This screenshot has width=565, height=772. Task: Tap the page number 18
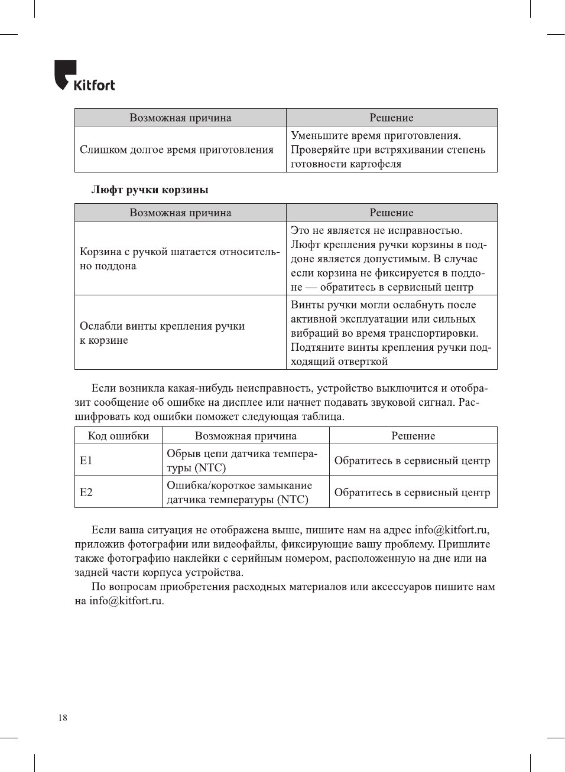[x=63, y=718]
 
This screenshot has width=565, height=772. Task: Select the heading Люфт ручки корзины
[x=150, y=190]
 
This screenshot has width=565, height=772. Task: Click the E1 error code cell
[x=86, y=460]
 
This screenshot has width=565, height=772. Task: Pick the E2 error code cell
[x=86, y=492]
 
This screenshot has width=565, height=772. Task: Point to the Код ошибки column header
[x=118, y=436]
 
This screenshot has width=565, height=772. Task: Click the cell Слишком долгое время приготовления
[x=177, y=149]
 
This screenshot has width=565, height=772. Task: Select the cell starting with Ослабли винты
[x=163, y=333]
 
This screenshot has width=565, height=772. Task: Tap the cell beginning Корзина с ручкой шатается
[x=180, y=259]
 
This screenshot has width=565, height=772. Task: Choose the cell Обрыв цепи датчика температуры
[x=242, y=460]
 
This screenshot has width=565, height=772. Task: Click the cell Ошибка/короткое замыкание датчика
[x=239, y=492]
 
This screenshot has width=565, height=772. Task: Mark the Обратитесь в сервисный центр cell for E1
[x=412, y=461]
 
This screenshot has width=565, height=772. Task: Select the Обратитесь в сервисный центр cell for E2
[x=412, y=493]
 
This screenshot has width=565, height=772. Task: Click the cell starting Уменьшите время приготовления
[x=388, y=149]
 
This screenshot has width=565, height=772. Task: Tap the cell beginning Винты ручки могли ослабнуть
[x=390, y=333]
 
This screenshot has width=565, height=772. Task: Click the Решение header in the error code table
[x=413, y=436]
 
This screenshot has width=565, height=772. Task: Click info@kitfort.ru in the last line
[x=126, y=601]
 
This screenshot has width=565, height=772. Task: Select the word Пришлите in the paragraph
[x=464, y=544]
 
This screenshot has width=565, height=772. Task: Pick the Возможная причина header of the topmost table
[x=180, y=118]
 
